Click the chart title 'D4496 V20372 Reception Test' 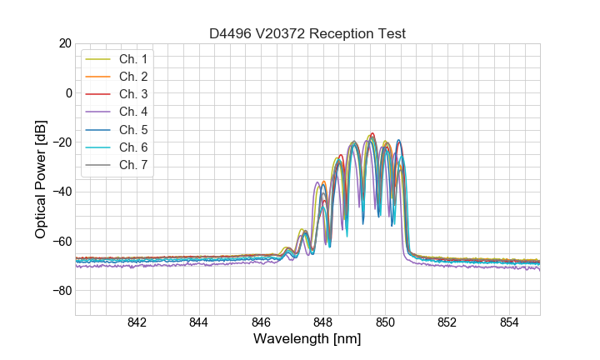[307, 33]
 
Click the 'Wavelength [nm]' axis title [307, 340]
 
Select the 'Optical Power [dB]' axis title [41, 179]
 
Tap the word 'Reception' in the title [342, 33]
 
